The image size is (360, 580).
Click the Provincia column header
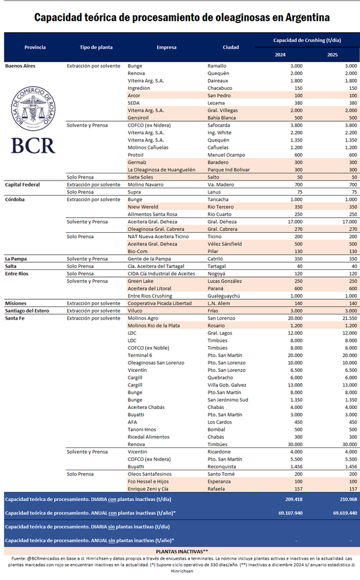(35, 47)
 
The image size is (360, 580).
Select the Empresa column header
(166, 47)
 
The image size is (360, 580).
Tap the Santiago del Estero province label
(29, 311)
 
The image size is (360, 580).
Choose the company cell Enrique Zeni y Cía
(149, 488)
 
